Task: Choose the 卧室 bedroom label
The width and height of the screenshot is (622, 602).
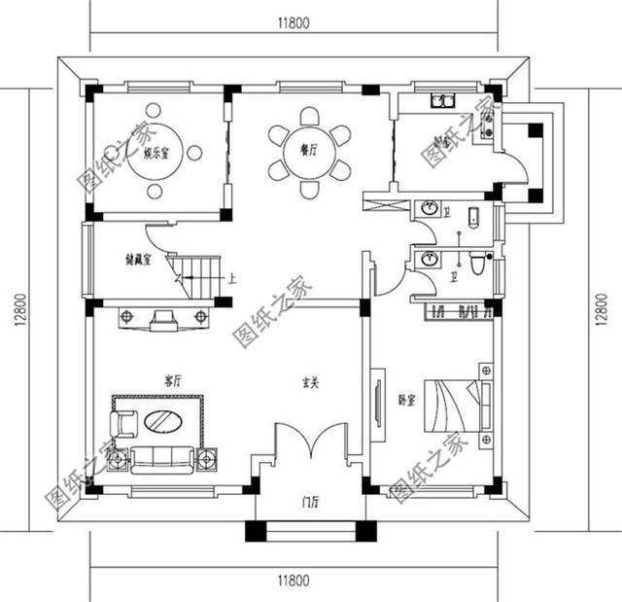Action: (407, 400)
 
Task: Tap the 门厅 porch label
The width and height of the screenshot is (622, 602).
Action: (311, 502)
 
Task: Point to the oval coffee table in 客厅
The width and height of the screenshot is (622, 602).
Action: (162, 424)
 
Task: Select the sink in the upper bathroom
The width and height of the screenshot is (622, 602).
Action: (429, 208)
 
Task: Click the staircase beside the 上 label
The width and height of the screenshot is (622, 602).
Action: (195, 274)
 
